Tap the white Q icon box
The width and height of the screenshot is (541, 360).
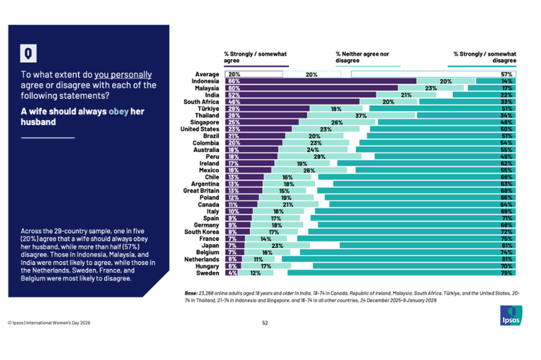27,54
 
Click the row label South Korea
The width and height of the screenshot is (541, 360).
203,231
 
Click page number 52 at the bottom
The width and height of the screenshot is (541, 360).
265,323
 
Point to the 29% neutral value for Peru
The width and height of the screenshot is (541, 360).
319,156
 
